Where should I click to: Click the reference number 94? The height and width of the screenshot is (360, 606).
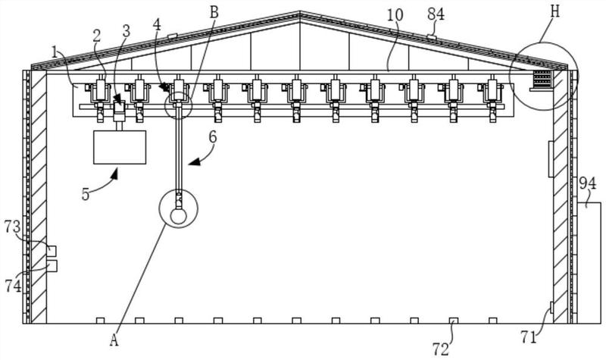(588, 183)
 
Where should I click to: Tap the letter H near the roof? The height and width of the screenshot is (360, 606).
(555, 11)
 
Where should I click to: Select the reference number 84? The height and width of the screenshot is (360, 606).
(436, 14)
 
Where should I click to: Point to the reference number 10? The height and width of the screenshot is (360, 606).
(395, 15)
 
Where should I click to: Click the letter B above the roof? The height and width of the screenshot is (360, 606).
(214, 12)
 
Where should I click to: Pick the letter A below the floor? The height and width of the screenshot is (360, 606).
(114, 340)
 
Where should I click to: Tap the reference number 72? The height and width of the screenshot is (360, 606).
(441, 349)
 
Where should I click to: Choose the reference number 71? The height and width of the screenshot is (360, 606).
(528, 337)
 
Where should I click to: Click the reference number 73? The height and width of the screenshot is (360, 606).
(13, 227)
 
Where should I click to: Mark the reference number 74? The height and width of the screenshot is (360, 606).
(13, 286)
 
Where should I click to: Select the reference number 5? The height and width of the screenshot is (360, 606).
(86, 194)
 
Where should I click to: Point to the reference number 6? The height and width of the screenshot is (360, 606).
(213, 138)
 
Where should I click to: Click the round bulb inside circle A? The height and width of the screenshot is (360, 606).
(178, 216)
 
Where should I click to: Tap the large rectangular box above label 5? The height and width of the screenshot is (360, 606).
(120, 147)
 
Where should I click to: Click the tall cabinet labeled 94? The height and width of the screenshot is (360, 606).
(589, 262)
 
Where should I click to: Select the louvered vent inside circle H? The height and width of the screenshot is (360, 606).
(542, 79)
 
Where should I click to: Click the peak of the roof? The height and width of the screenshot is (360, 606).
(299, 11)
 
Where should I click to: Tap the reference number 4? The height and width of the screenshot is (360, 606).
(157, 24)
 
